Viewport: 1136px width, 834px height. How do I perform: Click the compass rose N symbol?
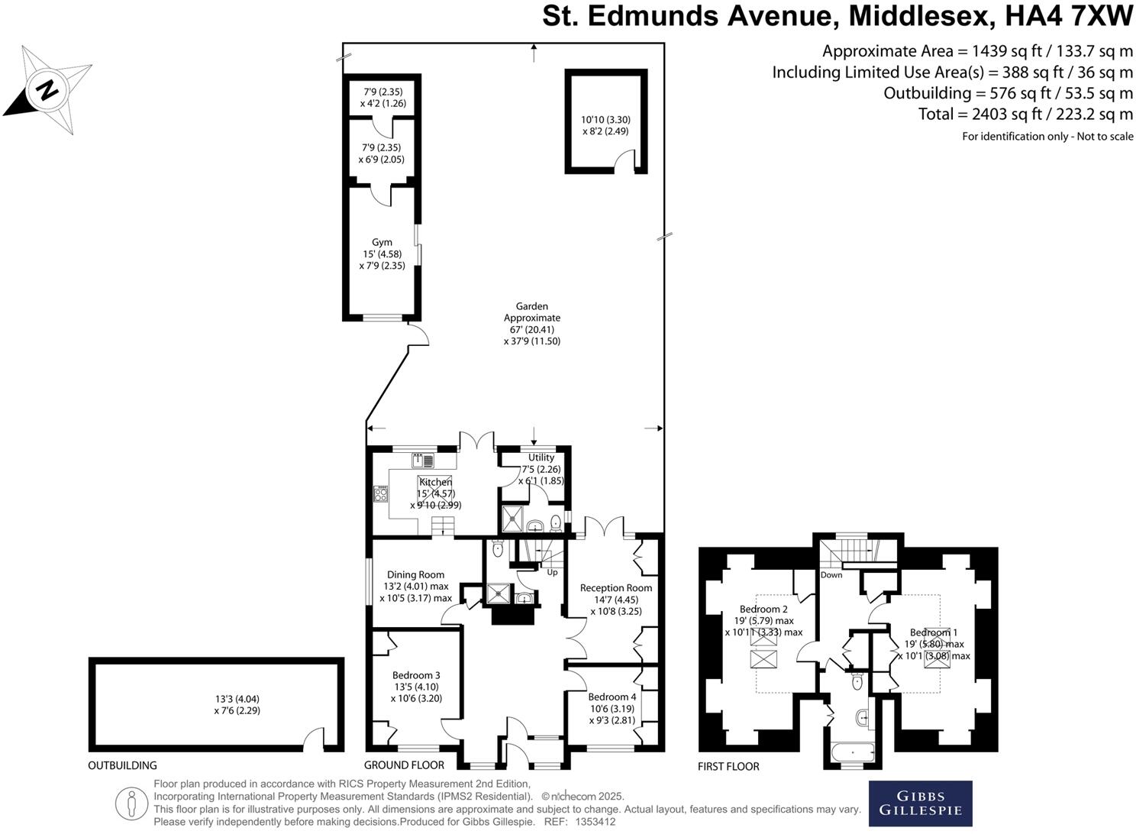[47, 90]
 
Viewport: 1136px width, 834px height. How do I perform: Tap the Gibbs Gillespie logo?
[920, 803]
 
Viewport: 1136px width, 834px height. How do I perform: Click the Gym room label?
[382, 243]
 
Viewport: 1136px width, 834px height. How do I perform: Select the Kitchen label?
[435, 482]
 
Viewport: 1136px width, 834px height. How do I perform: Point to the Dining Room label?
[415, 575]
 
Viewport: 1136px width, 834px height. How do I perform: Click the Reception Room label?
[615, 588]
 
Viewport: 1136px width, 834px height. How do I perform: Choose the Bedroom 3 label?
[416, 675]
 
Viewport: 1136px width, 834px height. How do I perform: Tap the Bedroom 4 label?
[612, 697]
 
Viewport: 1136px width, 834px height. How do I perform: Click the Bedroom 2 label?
[763, 609]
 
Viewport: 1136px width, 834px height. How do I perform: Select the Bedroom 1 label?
[933, 632]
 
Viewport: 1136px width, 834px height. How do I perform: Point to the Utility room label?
[541, 457]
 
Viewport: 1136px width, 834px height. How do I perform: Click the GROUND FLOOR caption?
[404, 765]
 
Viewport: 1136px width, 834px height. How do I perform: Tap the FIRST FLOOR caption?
[728, 766]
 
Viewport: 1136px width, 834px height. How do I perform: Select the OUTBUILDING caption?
[122, 765]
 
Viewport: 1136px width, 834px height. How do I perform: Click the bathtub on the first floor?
[851, 754]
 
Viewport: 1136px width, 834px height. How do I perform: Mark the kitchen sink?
[422, 461]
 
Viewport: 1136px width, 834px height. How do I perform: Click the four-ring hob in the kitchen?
[380, 493]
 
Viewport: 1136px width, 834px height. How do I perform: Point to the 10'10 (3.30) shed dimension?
[605, 119]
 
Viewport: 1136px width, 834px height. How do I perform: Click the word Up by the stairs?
[552, 572]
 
